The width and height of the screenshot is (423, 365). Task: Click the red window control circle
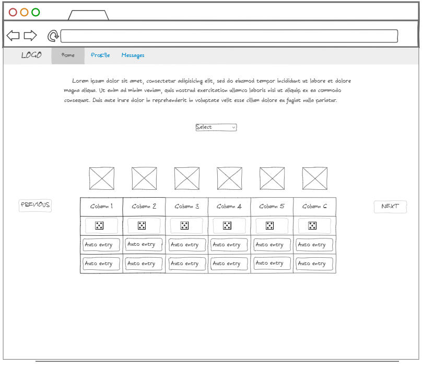(13, 12)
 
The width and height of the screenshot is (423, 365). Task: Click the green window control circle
(36, 12)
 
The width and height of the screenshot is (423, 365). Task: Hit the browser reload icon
(53, 36)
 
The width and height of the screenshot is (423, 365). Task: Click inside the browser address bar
(229, 36)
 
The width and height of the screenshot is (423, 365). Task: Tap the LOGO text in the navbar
(31, 55)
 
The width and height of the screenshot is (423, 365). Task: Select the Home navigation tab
(68, 55)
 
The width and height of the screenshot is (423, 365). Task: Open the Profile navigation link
(100, 55)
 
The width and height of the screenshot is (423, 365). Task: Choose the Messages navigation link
(133, 55)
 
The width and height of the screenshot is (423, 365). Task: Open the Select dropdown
(216, 127)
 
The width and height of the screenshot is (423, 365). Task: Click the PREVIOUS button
(35, 205)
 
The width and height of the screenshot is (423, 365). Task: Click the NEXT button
(390, 206)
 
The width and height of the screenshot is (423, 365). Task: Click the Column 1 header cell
(101, 206)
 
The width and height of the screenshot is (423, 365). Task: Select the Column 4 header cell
(229, 206)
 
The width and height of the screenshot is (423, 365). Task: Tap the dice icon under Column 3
(184, 225)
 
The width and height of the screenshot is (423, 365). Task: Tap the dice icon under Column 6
(312, 225)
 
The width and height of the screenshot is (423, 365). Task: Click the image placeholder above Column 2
(144, 178)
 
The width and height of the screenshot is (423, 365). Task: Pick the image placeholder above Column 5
(272, 178)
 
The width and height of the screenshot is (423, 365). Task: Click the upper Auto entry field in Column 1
(101, 245)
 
